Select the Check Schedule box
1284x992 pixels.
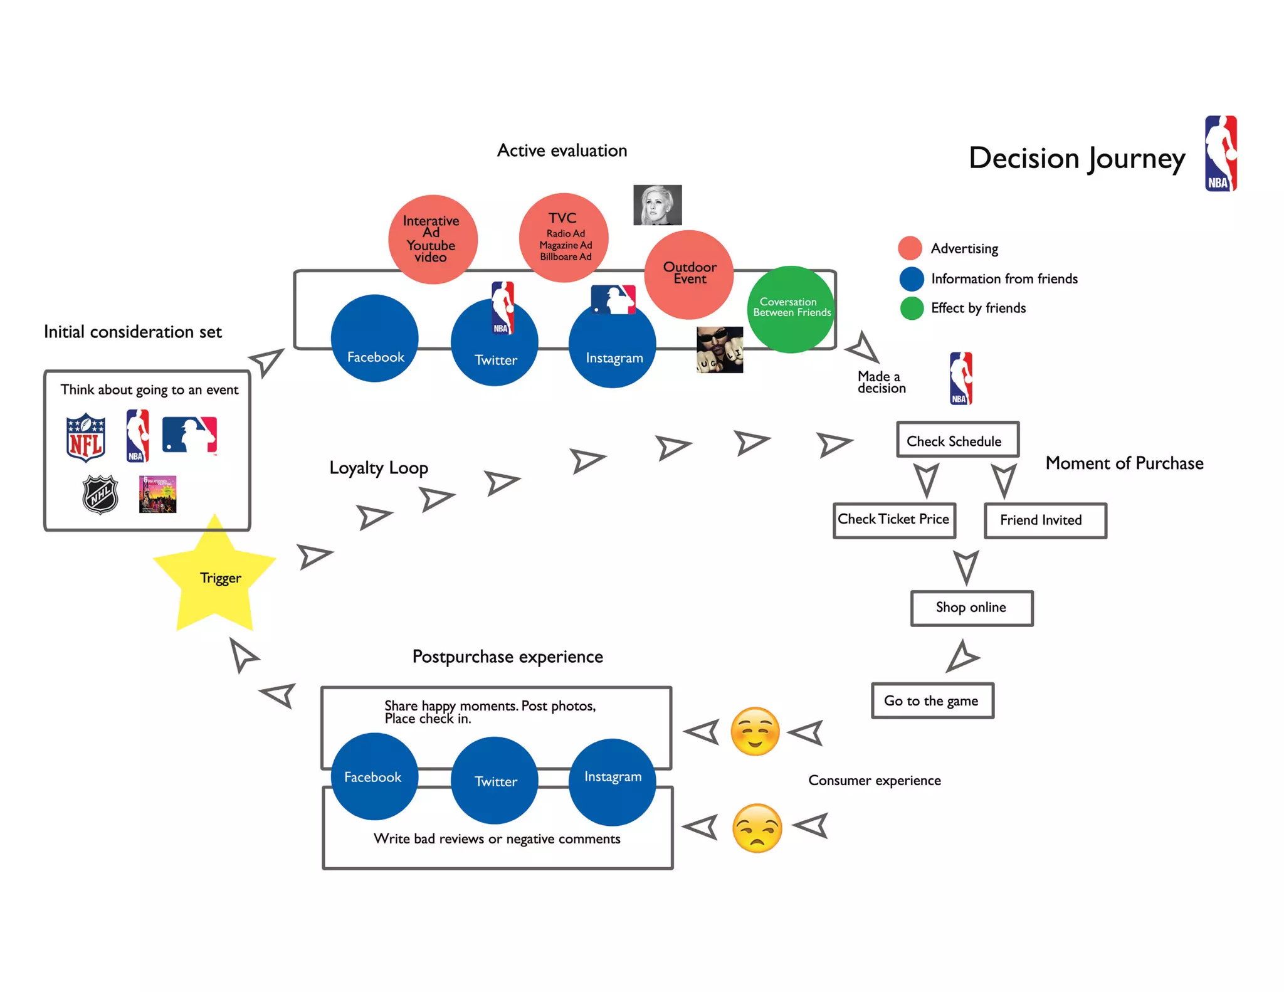(957, 440)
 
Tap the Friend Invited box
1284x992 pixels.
(1045, 520)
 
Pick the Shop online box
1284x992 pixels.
(971, 608)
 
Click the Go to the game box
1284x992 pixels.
(932, 700)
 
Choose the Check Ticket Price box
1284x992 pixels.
(894, 520)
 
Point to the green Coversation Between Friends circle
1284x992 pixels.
(791, 309)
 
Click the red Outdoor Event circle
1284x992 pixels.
(689, 274)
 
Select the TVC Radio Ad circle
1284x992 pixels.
(564, 238)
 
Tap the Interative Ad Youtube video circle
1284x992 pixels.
(432, 239)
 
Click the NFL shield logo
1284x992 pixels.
(86, 437)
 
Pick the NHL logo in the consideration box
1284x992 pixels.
(100, 494)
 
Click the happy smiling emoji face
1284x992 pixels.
(755, 731)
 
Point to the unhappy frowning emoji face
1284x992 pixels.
(757, 828)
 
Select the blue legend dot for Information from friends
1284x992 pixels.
(911, 278)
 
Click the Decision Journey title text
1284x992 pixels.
(1076, 158)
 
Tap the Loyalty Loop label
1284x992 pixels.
(379, 468)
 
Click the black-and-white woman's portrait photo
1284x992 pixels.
(657, 205)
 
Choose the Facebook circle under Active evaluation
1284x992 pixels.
(375, 339)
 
